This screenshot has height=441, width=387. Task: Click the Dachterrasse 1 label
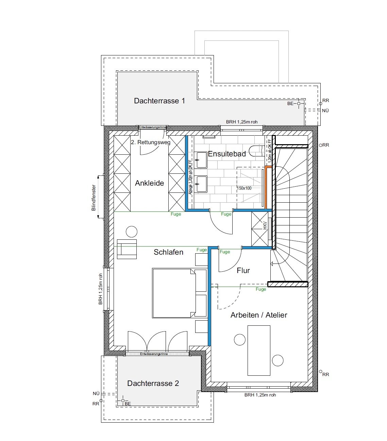pyautogui.click(x=159, y=101)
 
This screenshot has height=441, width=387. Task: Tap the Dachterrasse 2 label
pyautogui.click(x=153, y=383)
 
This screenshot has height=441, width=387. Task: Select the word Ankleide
pyautogui.click(x=149, y=183)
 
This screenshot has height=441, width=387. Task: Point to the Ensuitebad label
pyautogui.click(x=226, y=154)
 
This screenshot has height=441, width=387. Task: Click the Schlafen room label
pyautogui.click(x=168, y=252)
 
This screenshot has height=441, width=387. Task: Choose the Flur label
pyautogui.click(x=243, y=270)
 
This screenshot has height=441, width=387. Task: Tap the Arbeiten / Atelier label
pyautogui.click(x=258, y=315)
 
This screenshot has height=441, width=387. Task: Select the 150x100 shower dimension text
pyautogui.click(x=244, y=188)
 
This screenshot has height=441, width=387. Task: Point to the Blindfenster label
pyautogui.click(x=94, y=198)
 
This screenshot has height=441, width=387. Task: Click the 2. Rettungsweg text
pyautogui.click(x=151, y=142)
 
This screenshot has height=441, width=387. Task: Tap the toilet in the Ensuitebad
pyautogui.click(x=255, y=150)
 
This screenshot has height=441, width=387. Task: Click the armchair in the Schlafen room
pyautogui.click(x=127, y=249)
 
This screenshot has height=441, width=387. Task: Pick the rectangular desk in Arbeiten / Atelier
pyautogui.click(x=259, y=350)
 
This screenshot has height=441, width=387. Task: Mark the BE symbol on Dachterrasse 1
pyautogui.click(x=299, y=103)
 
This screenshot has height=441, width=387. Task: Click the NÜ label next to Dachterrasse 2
pyautogui.click(x=96, y=393)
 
